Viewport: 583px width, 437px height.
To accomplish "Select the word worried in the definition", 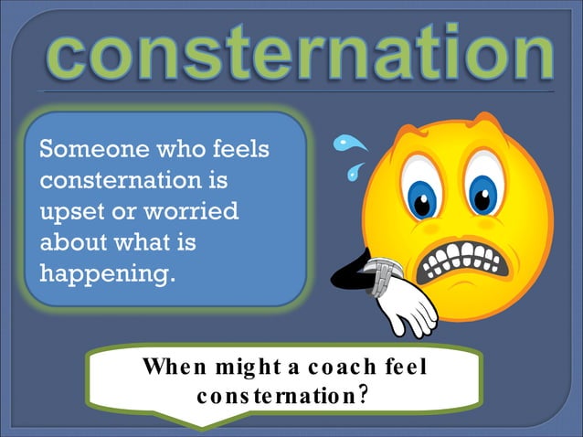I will [x=191, y=211].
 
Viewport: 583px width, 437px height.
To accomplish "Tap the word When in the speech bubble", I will [x=171, y=368].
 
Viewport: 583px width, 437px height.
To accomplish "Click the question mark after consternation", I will [x=364, y=395].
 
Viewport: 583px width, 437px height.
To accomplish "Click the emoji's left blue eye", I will [x=422, y=195].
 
